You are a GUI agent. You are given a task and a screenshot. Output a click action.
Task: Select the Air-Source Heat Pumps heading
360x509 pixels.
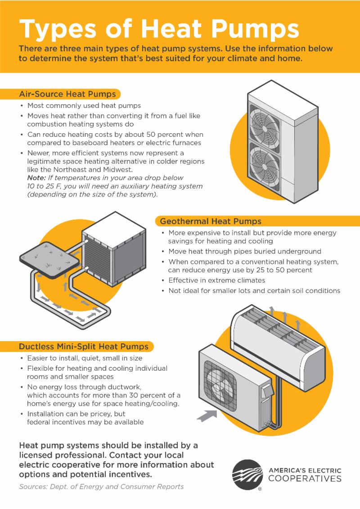point(67,94)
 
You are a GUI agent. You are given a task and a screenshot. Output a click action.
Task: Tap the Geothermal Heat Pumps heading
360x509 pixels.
point(211,221)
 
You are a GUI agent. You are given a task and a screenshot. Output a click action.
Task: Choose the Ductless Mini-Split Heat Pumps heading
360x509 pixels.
point(83,347)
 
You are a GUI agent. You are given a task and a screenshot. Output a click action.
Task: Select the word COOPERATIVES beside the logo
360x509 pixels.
point(305,479)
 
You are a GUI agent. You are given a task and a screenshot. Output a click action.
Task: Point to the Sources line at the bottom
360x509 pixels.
point(101,487)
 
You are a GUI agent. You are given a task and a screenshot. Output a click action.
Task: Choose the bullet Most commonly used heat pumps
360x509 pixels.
point(84,106)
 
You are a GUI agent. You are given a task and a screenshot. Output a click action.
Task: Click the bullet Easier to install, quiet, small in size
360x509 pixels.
point(85,358)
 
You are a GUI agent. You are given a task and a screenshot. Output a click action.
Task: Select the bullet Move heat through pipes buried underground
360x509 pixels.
point(244,251)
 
